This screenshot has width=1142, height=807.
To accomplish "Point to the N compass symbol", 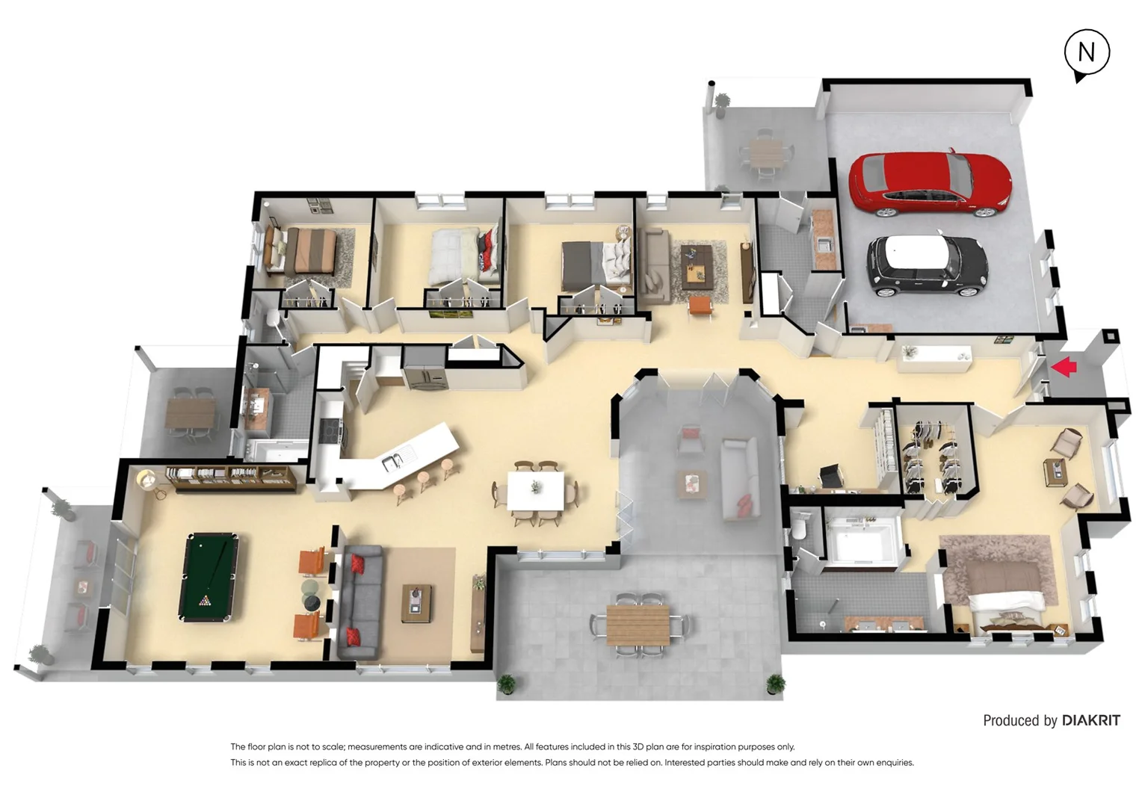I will click(1086, 53).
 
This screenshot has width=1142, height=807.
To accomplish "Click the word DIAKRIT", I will click(1090, 720).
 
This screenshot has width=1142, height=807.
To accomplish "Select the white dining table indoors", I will click(536, 492).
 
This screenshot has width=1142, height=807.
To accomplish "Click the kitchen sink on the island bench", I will click(392, 462).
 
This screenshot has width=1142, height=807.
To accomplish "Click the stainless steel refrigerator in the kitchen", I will click(424, 368).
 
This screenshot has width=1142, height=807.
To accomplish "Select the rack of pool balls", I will click(205, 600).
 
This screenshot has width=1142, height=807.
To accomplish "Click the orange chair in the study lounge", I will click(700, 305).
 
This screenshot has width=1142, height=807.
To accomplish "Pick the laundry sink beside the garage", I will click(824, 244).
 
